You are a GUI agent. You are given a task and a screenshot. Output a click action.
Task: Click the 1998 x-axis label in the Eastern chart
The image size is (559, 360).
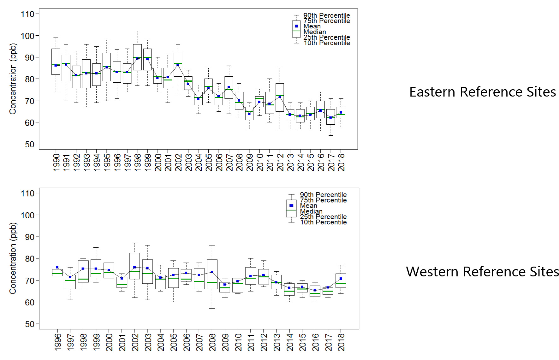(137, 162)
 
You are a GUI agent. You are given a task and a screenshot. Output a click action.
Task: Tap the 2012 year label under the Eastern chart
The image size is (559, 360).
(280, 162)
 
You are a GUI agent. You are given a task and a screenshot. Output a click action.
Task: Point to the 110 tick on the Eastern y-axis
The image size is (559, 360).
(27, 14)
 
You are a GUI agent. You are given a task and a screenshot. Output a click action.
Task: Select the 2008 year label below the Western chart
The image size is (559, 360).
(212, 342)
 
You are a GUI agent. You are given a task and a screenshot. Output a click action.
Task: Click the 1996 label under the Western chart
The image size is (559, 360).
(57, 342)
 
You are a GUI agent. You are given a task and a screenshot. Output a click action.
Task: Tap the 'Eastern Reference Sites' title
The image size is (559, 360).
(482, 92)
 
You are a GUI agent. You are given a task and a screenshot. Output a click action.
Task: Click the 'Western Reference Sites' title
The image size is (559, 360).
(482, 272)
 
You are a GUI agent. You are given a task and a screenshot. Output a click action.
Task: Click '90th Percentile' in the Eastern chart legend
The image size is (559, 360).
(326, 15)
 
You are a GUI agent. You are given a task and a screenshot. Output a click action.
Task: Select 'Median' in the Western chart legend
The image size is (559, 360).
(311, 211)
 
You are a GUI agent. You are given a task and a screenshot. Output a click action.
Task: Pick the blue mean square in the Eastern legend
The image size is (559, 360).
(296, 26)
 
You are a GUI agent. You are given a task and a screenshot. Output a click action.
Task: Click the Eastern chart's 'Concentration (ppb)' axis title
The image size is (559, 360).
(13, 79)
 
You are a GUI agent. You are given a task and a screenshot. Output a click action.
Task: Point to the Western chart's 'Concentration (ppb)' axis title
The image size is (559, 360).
(13, 258)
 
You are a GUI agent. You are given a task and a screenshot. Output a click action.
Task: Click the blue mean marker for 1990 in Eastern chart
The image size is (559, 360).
(56, 65)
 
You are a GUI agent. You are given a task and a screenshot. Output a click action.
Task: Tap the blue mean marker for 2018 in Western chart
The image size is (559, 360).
(341, 279)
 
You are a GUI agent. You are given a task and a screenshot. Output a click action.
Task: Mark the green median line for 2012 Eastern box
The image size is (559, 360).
(280, 95)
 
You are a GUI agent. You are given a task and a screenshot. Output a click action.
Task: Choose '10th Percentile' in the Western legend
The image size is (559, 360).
(323, 222)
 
